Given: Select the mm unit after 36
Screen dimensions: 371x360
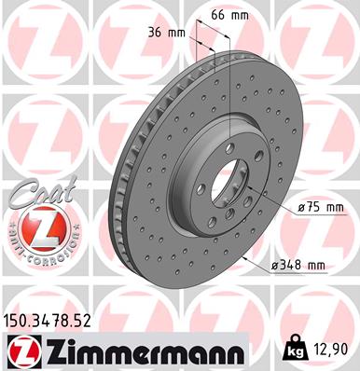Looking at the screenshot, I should pyautogui.click(x=180, y=33).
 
